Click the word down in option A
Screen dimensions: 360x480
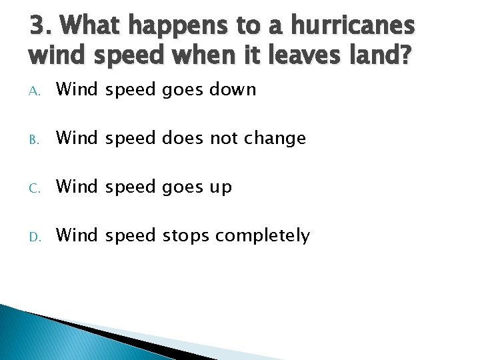point(233,89)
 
